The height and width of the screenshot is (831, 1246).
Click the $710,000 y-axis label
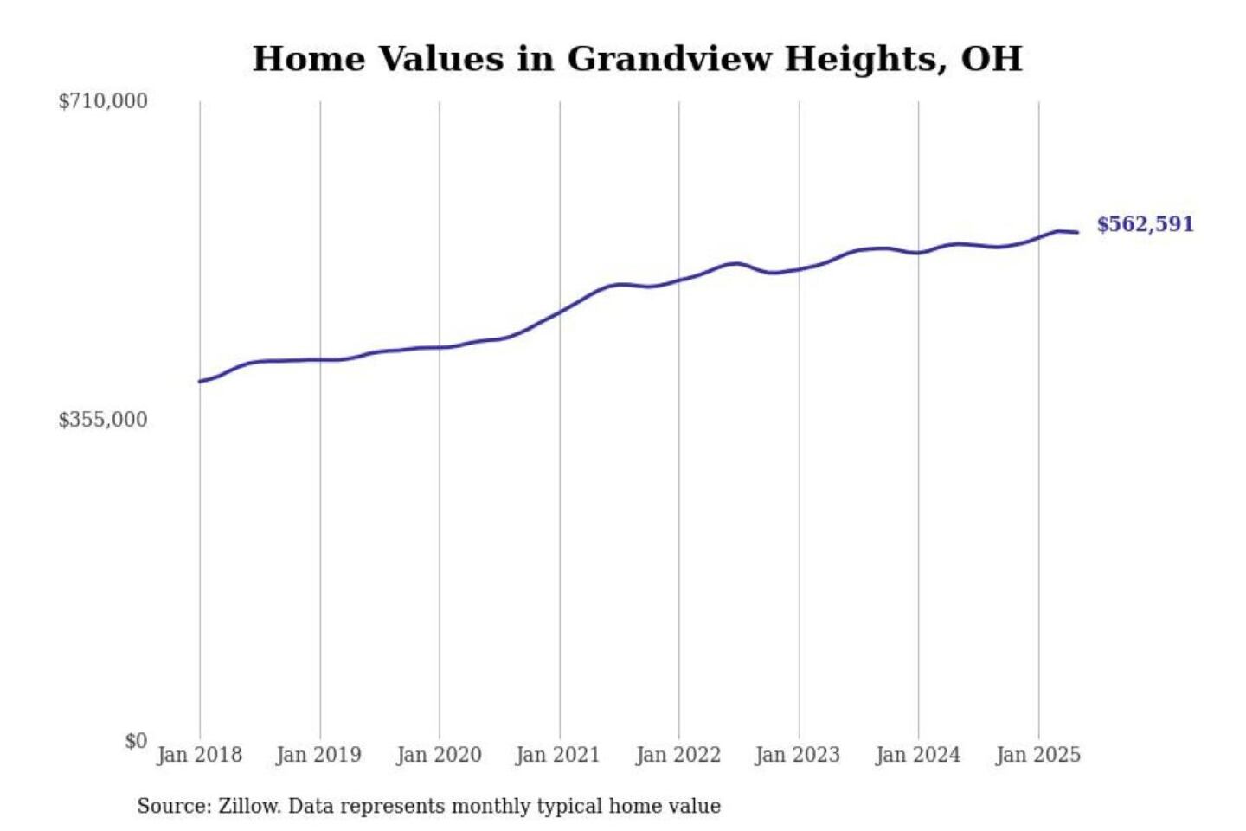coord(103,101)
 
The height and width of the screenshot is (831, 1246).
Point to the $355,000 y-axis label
coord(103,420)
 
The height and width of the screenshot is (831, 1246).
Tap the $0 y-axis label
coord(136,741)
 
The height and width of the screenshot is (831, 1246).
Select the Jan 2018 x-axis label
coord(199,755)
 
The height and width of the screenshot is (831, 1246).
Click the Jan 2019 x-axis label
coord(318,755)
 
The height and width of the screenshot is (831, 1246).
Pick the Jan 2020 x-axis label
coord(439,755)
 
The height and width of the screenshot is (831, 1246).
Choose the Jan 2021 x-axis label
coord(558,755)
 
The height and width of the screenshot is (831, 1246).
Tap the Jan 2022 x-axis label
coord(678,755)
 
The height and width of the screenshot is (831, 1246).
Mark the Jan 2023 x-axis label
coord(798,755)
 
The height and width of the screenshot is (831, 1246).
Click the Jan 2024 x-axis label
coord(918,755)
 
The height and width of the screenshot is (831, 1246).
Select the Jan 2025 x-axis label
coord(1038,755)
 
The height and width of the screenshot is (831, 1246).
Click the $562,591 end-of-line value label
coord(1145,224)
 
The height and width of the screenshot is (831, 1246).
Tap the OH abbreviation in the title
coord(992,59)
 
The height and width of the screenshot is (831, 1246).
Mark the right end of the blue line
coord(1077,232)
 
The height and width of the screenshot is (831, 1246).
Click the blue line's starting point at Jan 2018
coord(200,381)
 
